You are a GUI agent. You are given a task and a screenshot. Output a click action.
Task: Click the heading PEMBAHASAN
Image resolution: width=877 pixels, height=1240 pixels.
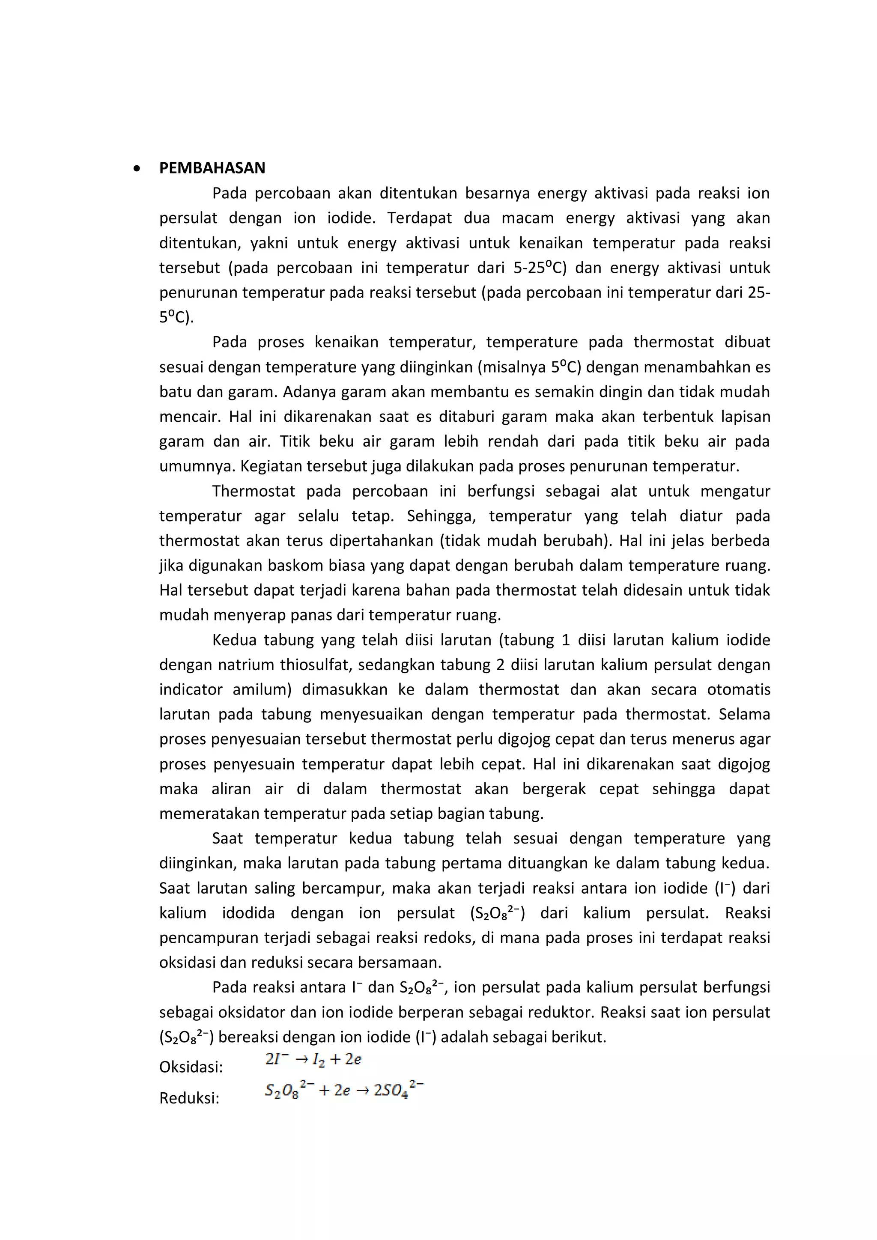pyautogui.click(x=212, y=168)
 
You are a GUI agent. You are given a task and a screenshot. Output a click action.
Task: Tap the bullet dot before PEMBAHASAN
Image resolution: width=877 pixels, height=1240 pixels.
pyautogui.click(x=137, y=169)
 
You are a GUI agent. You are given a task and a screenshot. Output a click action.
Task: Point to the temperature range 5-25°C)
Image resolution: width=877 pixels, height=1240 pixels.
pyautogui.click(x=540, y=268)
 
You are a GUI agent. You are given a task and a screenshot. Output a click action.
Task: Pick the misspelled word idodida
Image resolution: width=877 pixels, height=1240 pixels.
pyautogui.click(x=248, y=913)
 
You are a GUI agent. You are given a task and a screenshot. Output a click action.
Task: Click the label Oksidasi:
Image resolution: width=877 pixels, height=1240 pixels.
pyautogui.click(x=191, y=1067)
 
